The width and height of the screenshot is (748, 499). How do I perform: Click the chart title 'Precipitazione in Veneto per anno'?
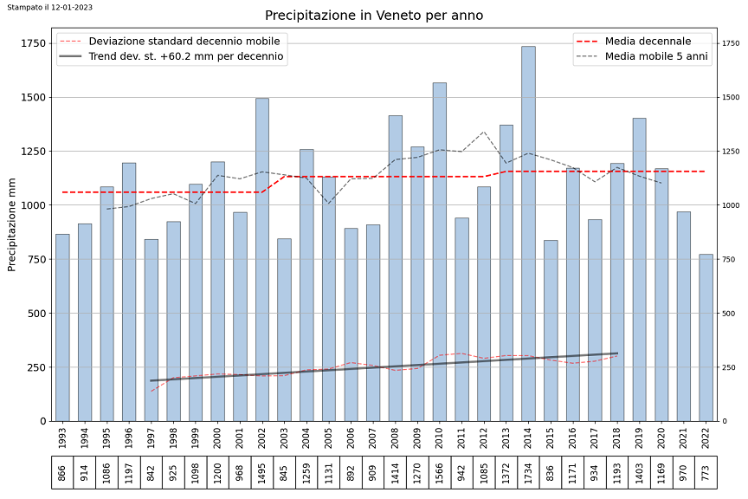coord(374,16)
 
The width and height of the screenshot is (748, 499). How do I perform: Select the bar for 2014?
coord(528,234)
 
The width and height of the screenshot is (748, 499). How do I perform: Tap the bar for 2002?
coord(261,260)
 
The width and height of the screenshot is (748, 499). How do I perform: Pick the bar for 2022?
coord(706,338)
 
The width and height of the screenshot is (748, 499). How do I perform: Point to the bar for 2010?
coord(439,251)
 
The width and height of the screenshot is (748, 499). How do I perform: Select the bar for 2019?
coord(639,269)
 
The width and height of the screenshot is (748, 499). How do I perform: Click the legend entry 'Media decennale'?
coord(648,41)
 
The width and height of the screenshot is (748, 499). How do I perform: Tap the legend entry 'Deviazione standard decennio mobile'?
coord(184,41)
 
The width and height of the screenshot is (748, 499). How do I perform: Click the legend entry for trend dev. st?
coord(185,57)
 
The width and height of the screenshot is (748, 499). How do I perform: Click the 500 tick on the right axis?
coord(729,314)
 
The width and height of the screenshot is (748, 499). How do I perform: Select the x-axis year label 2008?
coord(395,438)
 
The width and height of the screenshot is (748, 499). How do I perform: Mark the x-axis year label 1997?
coord(151,438)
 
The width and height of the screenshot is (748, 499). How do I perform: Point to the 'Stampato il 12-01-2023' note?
coord(50,6)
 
